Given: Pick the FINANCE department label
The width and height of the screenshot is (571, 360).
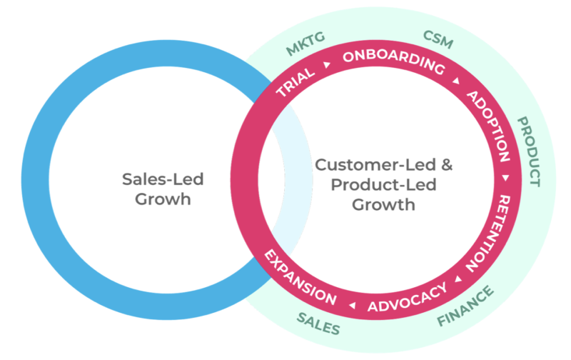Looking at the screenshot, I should (465, 307).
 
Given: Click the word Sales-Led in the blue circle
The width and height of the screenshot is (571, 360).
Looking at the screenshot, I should (154, 179).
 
